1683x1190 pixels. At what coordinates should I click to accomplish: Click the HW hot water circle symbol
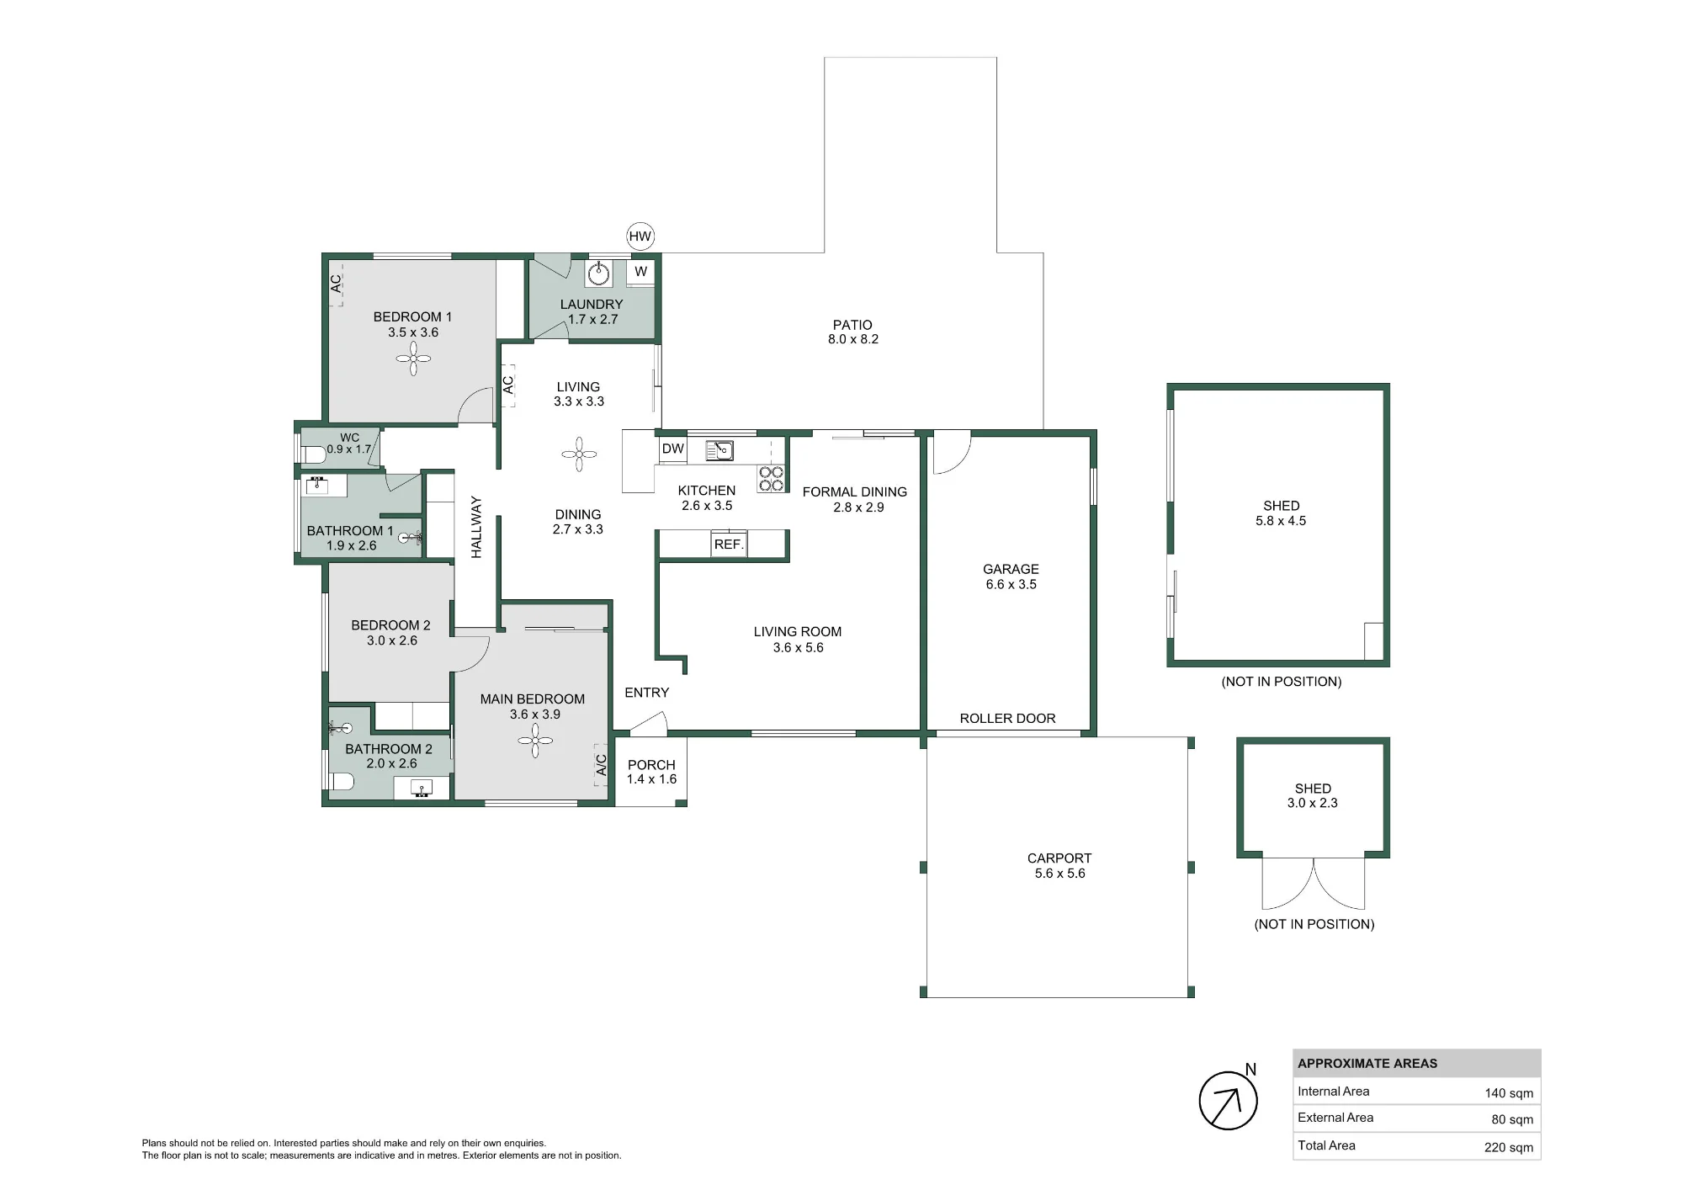point(640,236)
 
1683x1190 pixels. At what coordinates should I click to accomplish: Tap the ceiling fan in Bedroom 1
point(413,359)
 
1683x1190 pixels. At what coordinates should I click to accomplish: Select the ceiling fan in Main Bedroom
point(535,741)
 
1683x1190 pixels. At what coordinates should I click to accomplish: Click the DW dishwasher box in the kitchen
point(672,449)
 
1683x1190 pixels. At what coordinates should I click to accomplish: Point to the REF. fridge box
point(729,545)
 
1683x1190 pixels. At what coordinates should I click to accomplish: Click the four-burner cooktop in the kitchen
point(772,479)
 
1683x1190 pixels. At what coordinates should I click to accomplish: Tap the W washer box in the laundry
point(640,272)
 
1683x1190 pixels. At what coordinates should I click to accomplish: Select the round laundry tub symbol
point(598,273)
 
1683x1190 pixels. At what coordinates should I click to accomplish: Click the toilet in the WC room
point(313,455)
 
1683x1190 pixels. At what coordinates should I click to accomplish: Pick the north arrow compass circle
point(1229,1101)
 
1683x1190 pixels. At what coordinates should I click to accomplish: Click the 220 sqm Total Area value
point(1508,1147)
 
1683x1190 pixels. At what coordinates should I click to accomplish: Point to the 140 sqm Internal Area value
point(1508,1093)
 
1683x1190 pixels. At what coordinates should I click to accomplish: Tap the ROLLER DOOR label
point(1007,719)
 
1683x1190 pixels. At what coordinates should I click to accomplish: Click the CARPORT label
point(1059,858)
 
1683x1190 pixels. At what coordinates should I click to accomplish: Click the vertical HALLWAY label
point(476,527)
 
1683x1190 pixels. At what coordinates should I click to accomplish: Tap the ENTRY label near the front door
point(647,693)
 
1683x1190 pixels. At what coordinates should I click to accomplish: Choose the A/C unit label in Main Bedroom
point(601,765)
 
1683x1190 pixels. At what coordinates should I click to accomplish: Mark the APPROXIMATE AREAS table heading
point(1367,1064)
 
